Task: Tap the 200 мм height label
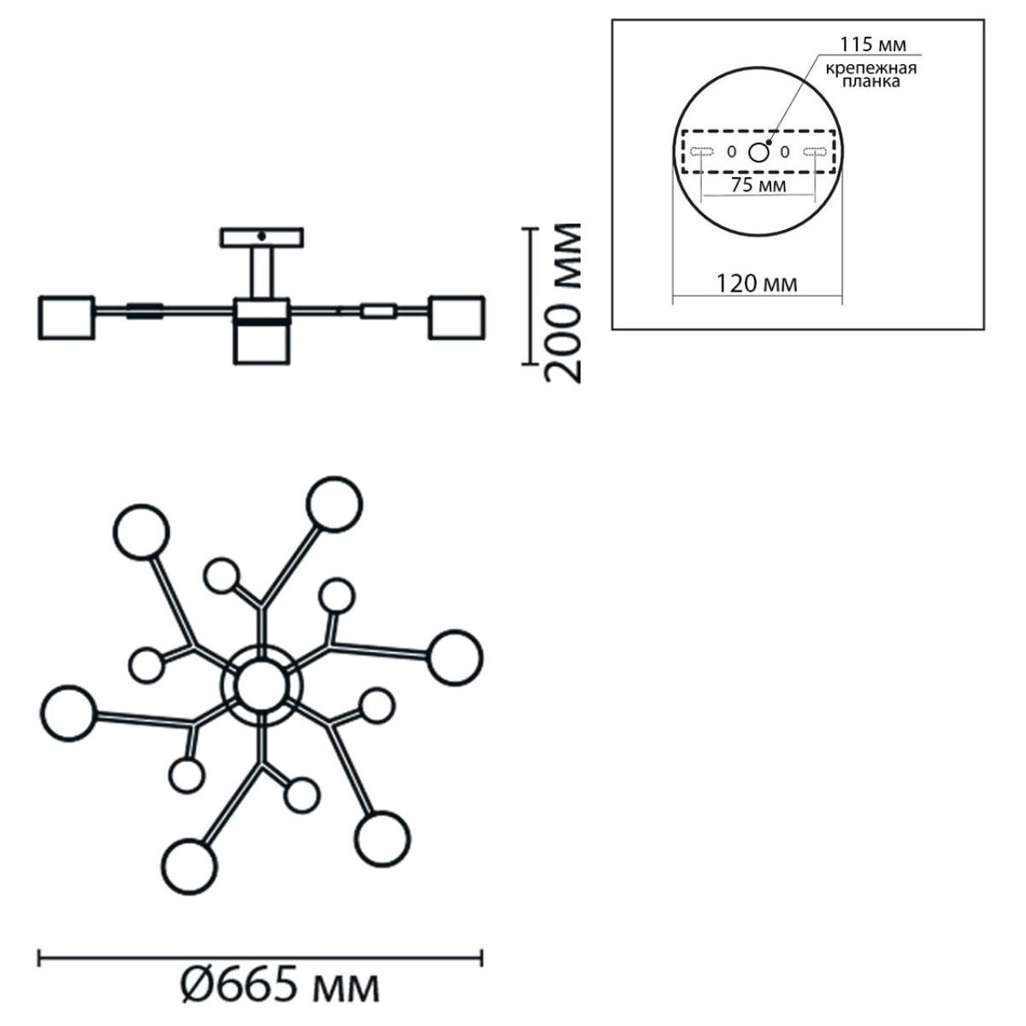563,303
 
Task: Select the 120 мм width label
757,284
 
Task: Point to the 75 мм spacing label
758,186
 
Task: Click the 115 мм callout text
873,44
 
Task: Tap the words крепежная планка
871,75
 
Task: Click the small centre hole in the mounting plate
758,153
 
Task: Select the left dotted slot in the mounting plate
701,152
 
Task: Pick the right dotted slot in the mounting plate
815,152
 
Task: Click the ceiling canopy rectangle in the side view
262,238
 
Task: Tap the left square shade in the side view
67,318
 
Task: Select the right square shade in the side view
457,317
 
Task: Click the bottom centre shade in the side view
262,345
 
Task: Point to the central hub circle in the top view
262,686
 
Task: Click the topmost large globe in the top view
334,504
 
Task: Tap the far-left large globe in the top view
69,713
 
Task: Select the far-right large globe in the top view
455,657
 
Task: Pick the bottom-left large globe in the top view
190,867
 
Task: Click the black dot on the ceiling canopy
261,235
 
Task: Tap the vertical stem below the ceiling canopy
262,273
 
